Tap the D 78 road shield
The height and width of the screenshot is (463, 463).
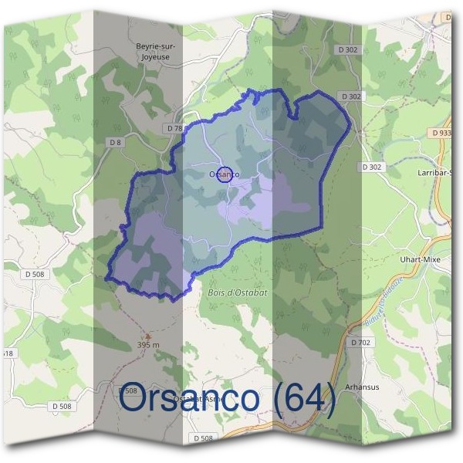[x=174, y=127]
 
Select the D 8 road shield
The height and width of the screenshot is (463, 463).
[x=116, y=142]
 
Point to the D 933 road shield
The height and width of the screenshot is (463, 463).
[x=442, y=133]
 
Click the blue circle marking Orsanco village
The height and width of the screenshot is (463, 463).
[x=225, y=174]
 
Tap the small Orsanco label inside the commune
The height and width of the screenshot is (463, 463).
[x=224, y=174]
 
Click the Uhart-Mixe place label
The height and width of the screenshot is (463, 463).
[x=421, y=259]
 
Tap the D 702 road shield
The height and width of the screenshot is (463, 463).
[x=360, y=341]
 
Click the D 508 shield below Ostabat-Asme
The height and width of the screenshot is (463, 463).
[x=202, y=438]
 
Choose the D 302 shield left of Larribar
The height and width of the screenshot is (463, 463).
[x=371, y=167]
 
